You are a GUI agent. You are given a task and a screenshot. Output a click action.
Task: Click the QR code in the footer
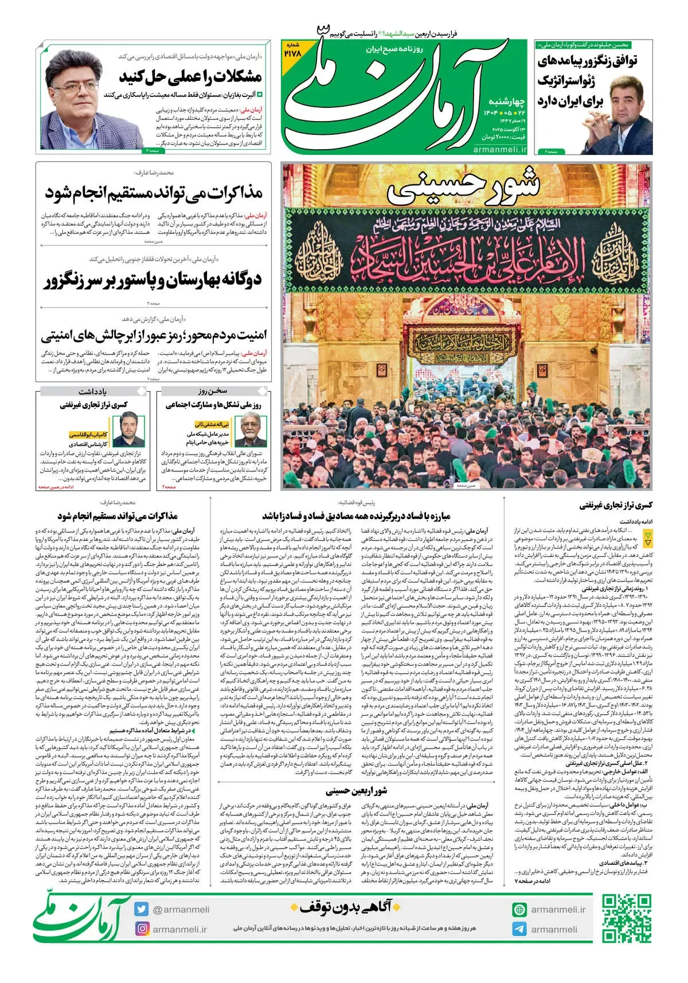pyautogui.click(x=626, y=919)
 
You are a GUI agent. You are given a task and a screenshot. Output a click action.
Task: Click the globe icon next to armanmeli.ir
pyautogui.click(x=519, y=909)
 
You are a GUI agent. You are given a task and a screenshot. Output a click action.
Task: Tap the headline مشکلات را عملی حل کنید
pyautogui.click(x=190, y=76)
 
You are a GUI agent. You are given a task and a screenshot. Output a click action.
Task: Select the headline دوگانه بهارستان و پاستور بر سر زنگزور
pyautogui.click(x=153, y=280)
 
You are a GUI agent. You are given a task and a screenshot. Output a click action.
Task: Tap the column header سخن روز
pyautogui.click(x=213, y=392)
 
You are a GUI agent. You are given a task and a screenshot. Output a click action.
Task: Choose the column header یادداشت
pyautogui.click(x=93, y=392)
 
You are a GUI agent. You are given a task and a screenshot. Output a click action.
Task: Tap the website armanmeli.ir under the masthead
pyautogui.click(x=501, y=149)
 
